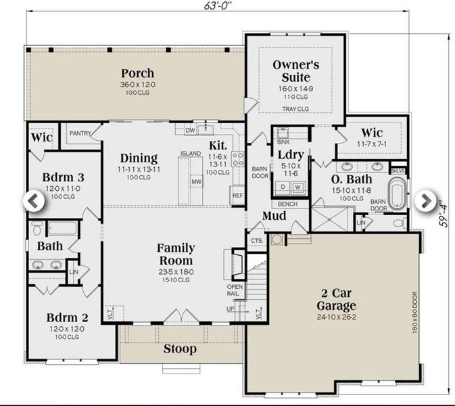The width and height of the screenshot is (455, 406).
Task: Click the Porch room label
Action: coord(137,73)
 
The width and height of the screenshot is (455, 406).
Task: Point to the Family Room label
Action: coord(175,254)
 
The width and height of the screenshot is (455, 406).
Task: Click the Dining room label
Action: coord(138,158)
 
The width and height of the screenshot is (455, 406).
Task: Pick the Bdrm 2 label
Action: coord(68,317)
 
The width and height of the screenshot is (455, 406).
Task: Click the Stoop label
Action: coord(180,349)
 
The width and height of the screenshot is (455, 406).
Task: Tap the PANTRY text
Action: coord(80,134)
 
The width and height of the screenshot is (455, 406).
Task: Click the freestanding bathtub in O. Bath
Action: coord(398,194)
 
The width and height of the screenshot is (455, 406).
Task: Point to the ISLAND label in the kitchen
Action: coord(191,154)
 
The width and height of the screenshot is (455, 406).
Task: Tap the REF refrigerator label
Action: coord(237,196)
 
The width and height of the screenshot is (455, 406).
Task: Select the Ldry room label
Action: coord(291,155)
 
